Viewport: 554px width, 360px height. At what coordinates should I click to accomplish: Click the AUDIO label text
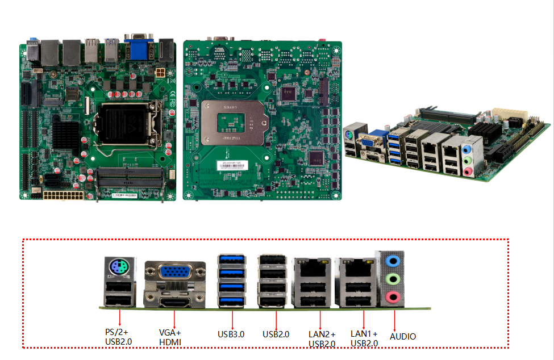coord(402,336)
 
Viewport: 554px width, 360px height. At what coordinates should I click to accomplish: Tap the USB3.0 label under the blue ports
coord(231,334)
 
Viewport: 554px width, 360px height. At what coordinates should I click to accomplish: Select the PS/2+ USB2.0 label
coord(119,337)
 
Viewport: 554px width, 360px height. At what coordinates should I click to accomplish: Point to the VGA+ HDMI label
coord(170,337)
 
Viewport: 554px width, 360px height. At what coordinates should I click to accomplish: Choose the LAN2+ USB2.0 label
coord(322,338)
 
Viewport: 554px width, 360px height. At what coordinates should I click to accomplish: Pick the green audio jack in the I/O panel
coord(391,279)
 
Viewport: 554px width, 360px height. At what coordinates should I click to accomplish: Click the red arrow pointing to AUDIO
coord(394,319)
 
